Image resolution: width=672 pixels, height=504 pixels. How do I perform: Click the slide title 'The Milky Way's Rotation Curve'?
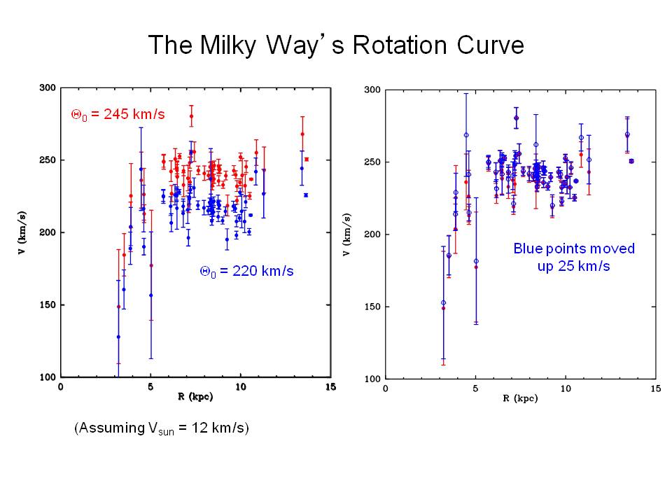pos(335,46)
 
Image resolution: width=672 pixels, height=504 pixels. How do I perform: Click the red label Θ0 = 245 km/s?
pos(118,114)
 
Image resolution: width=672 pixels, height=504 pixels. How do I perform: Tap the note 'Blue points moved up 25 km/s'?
pos(574,257)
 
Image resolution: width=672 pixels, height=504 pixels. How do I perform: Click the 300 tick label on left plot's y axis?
pos(48,88)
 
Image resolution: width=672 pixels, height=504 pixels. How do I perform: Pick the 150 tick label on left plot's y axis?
pos(48,305)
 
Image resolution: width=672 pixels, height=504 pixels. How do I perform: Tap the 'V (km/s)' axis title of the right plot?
pos(346,235)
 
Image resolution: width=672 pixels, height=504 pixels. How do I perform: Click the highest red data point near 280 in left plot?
pos(191,117)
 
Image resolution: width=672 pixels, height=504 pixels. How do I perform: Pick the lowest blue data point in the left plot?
pos(118,337)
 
